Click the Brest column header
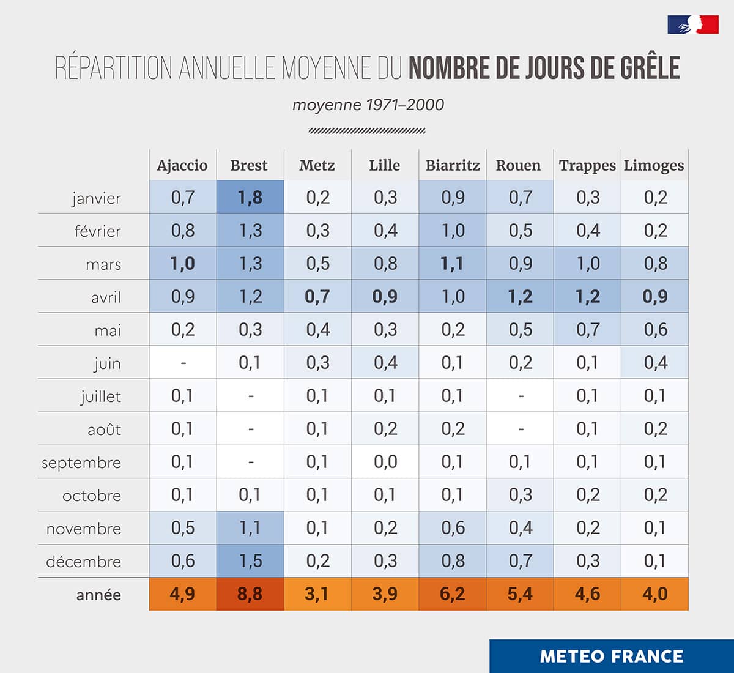tap(249, 165)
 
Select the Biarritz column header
tap(453, 165)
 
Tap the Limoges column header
tap(654, 165)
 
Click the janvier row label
tap(96, 198)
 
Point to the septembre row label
tap(81, 463)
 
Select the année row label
tap(98, 595)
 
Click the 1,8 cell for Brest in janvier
tap(250, 197)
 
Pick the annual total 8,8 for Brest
tap(250, 594)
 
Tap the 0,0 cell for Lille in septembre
tap(385, 462)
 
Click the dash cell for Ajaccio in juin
tap(183, 363)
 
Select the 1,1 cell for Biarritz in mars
tap(453, 264)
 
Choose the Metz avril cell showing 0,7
tap(317, 297)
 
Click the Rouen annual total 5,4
tap(520, 594)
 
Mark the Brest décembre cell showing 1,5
tap(250, 561)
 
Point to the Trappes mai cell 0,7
tap(588, 330)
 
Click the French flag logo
tap(693, 24)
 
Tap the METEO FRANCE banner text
tap(612, 656)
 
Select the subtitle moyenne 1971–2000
tap(368, 105)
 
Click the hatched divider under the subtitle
tap(367, 130)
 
